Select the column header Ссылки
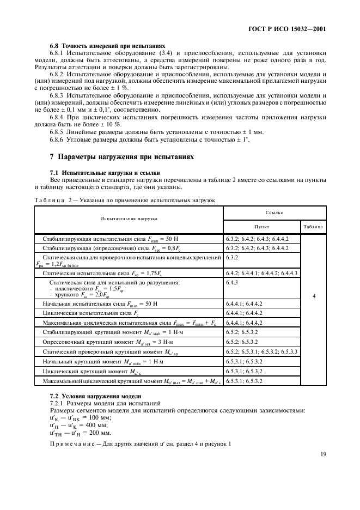[x=274, y=212]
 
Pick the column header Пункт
[x=261, y=226]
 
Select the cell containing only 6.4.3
[x=232, y=282]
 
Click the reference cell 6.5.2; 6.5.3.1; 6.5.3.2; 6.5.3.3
[x=261, y=351]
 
